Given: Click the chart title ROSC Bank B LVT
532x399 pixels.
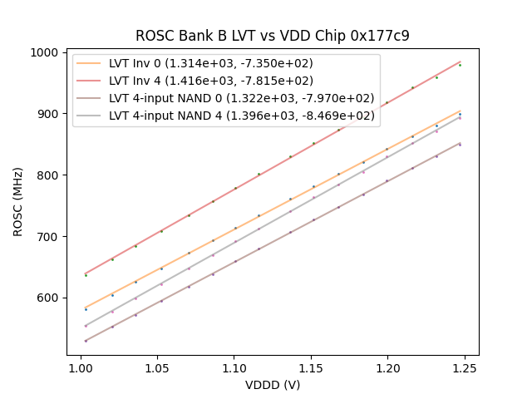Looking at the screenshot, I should [x=273, y=36].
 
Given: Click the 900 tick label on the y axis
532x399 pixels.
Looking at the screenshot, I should [x=48, y=114].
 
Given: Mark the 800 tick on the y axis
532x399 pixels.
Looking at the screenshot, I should [x=48, y=175].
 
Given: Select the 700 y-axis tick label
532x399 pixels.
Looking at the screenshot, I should [x=48, y=237].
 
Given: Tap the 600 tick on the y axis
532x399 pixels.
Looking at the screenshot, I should [x=48, y=298].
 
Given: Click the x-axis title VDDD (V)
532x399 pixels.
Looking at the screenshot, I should [x=273, y=385].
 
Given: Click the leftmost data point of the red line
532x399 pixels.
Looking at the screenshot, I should [x=86, y=274].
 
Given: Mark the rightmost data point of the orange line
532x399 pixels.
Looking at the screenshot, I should [x=460, y=113].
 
